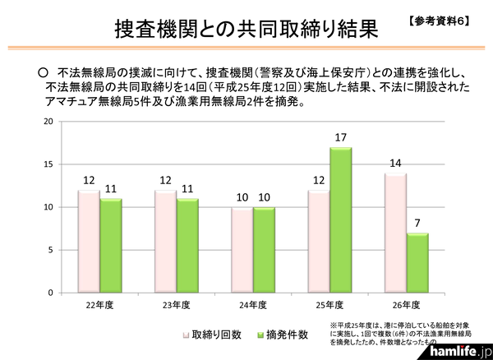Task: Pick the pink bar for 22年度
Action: (88, 242)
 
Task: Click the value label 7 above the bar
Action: (418, 224)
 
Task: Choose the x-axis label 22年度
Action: (99, 306)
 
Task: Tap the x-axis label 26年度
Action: (406, 306)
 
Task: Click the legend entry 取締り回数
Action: (211, 335)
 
